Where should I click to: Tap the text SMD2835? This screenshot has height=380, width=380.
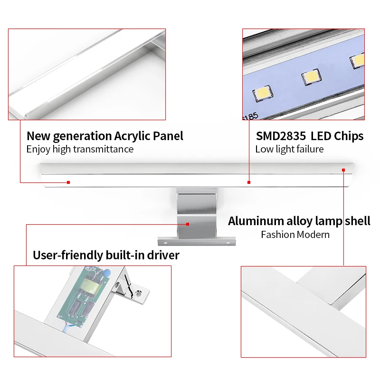(x=281, y=136)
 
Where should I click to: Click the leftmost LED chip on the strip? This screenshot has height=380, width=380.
(x=263, y=93)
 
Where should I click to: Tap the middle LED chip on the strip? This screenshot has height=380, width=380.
(x=312, y=76)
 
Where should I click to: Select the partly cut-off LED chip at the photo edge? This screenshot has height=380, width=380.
(x=357, y=61)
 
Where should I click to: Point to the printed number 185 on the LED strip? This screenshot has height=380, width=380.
(x=251, y=116)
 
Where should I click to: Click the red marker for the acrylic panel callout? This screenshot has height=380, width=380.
(x=68, y=182)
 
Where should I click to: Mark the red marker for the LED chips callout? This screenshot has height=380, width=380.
(x=249, y=182)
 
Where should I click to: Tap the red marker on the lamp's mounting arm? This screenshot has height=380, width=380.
(x=188, y=224)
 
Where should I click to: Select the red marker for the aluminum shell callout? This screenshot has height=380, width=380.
(x=343, y=170)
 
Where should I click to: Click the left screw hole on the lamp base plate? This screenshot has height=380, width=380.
(x=165, y=243)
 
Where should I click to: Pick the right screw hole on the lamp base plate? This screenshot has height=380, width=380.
(x=228, y=243)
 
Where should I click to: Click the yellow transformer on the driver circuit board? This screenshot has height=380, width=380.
(x=91, y=285)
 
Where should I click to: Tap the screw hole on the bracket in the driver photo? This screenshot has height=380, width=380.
(x=138, y=294)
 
